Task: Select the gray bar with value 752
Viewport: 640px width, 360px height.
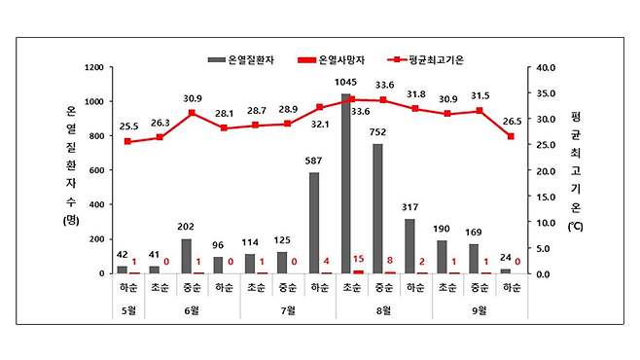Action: [x=377, y=208]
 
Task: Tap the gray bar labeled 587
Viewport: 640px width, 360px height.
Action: [x=314, y=223]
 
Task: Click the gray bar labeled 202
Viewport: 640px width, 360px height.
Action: [x=186, y=256]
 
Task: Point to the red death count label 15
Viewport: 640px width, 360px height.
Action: [x=359, y=259]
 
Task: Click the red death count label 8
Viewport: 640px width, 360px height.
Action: [x=392, y=261]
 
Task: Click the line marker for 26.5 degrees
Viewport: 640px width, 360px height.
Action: [x=511, y=136]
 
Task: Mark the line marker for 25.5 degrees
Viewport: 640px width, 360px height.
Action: [x=126, y=141]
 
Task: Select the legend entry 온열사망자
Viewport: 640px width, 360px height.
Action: [x=338, y=59]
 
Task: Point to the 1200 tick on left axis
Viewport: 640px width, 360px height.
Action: [x=94, y=68]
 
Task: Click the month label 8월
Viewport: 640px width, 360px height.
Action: [x=383, y=310]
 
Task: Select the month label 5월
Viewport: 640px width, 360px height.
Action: [x=126, y=310]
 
